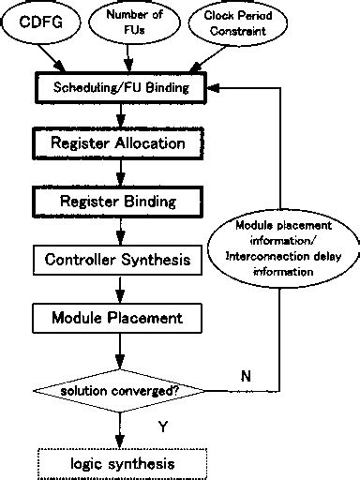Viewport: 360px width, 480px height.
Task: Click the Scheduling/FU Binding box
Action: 123,88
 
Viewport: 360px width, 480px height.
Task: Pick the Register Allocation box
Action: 123,144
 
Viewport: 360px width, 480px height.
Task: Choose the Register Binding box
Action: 123,201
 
